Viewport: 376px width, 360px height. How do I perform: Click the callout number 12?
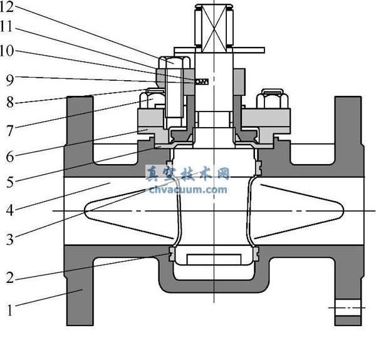[x=10, y=8]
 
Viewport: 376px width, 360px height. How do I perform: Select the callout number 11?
[x=10, y=29]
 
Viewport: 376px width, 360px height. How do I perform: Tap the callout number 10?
[x=10, y=51]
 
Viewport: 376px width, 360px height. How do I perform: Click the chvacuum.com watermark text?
[x=188, y=188]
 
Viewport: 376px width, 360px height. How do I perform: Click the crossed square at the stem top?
[x=214, y=26]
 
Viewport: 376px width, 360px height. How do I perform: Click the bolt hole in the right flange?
[x=348, y=308]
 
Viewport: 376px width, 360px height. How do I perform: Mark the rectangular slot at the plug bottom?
[x=214, y=259]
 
